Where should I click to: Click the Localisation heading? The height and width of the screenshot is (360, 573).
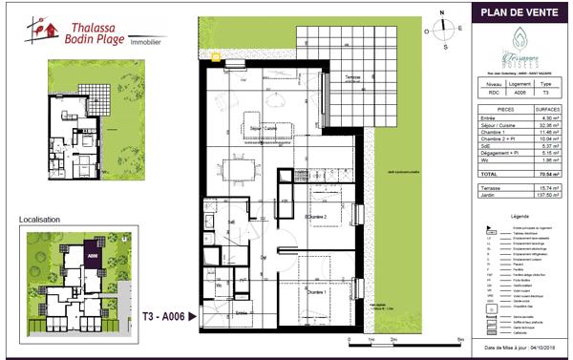tap(39, 220)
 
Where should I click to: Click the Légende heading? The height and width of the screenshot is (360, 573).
tap(521, 218)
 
